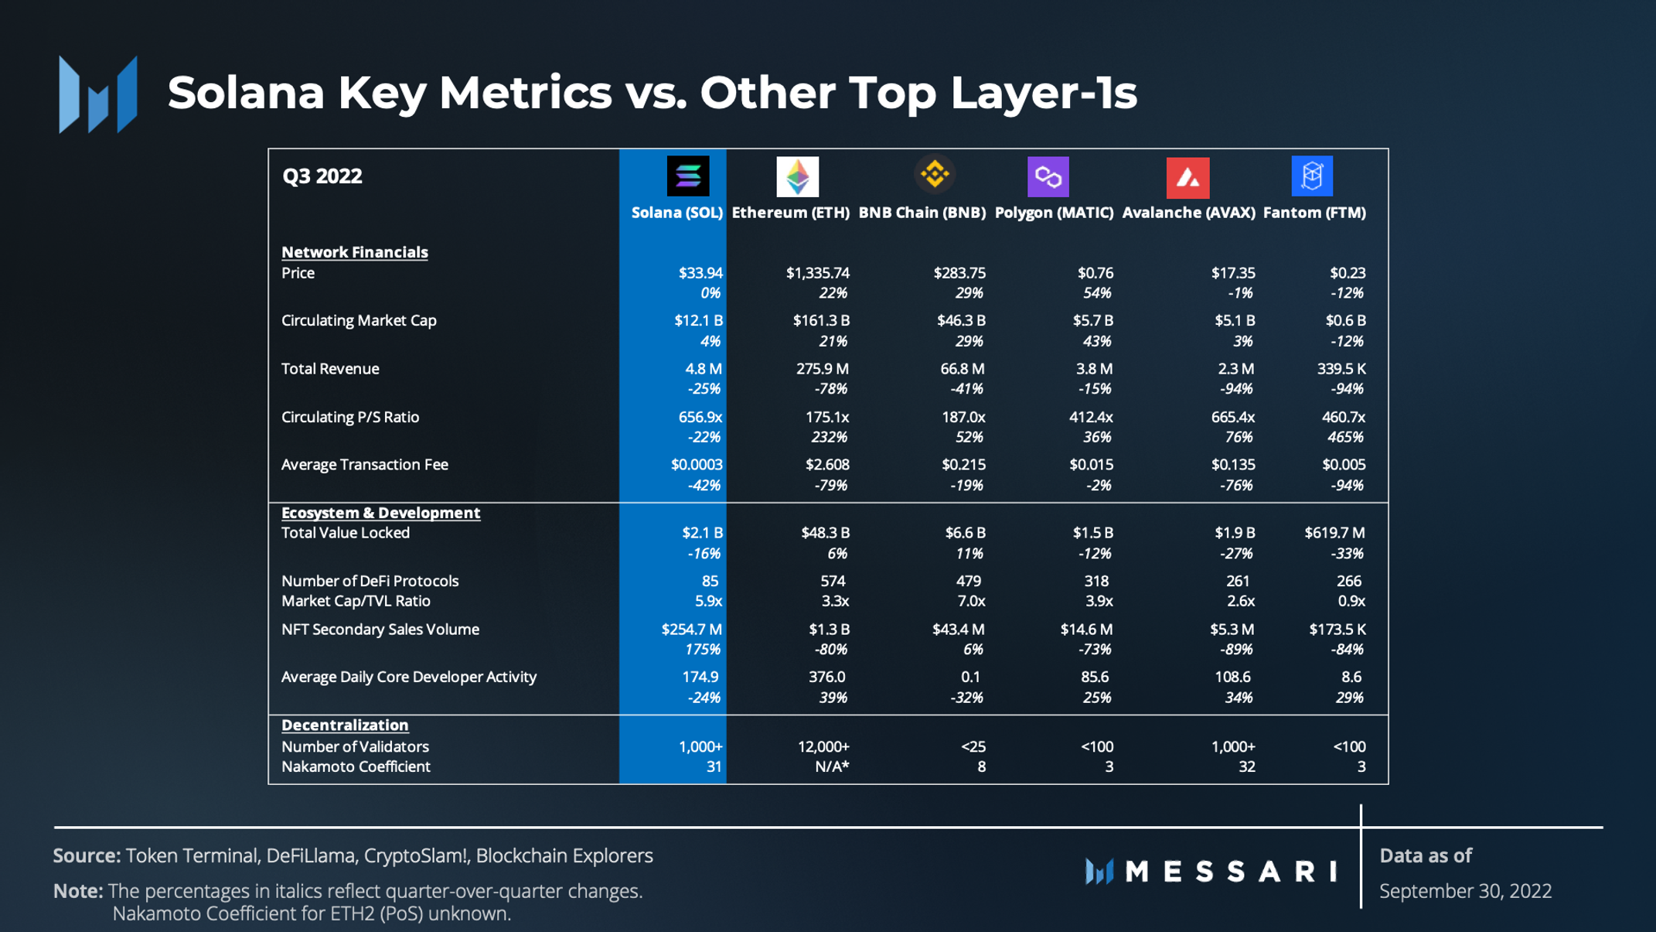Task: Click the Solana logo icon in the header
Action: (687, 176)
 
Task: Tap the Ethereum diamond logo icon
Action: (797, 176)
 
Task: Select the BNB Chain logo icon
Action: (935, 174)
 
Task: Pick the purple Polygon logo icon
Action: (1048, 177)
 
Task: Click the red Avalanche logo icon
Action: (1187, 178)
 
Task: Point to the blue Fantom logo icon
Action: (1312, 176)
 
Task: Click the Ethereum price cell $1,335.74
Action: (817, 273)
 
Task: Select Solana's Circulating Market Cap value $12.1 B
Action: (698, 320)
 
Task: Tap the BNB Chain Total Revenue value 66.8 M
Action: (962, 369)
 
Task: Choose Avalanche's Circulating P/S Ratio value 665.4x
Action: (1232, 417)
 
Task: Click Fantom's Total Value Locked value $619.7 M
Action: (1334, 533)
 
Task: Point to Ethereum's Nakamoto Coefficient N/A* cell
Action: (832, 766)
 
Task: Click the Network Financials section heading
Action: (354, 252)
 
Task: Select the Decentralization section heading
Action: (345, 725)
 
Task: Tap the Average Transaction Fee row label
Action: (364, 465)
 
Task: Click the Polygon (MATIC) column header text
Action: (1054, 213)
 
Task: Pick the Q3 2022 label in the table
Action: (322, 176)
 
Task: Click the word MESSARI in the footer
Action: (1231, 872)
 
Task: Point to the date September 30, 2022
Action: (1465, 891)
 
